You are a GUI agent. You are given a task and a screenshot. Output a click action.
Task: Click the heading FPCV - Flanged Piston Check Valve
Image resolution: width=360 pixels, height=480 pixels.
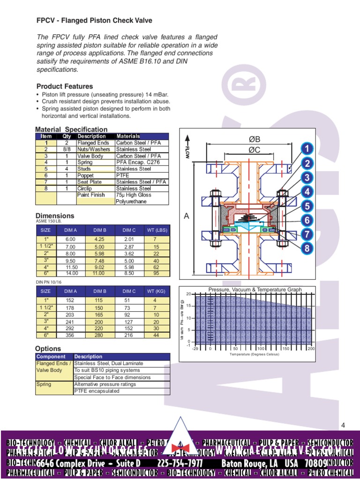point(94,21)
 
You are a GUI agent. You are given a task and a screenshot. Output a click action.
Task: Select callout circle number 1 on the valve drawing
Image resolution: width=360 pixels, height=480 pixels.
point(307,149)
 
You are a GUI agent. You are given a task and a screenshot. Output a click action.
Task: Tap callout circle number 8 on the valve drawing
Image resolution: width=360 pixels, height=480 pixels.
point(307,248)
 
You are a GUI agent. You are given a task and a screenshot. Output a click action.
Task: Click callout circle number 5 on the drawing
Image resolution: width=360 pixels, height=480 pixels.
point(307,206)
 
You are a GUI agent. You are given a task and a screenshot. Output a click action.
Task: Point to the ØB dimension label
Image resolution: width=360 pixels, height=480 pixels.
point(254,140)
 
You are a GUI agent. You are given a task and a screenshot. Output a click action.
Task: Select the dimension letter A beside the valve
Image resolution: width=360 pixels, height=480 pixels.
point(187,216)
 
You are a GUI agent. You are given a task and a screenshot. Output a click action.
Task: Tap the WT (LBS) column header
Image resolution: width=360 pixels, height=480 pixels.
point(156,230)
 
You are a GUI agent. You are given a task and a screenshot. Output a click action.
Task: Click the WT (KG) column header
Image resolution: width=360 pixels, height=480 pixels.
point(156,291)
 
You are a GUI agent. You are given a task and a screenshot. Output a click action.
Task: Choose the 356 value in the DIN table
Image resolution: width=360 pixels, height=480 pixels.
point(70,335)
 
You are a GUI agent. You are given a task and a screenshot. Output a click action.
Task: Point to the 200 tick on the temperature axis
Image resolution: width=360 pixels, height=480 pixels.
point(311,349)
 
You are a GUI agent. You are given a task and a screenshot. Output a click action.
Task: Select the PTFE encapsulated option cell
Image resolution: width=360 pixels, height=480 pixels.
point(97,391)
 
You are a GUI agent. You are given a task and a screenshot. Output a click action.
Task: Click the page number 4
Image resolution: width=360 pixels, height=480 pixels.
point(343,425)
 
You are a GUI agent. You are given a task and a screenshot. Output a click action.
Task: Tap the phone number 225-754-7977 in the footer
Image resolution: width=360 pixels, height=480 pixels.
point(180,463)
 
